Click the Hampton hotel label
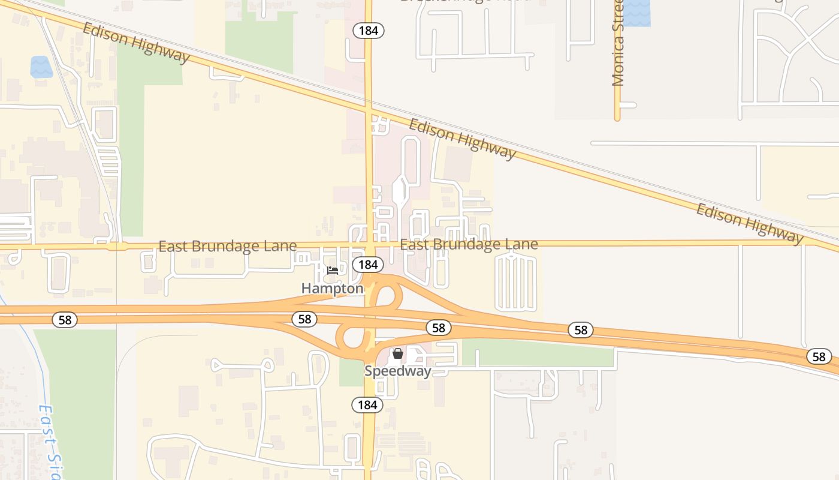(332, 289)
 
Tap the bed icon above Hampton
(333, 271)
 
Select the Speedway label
(397, 371)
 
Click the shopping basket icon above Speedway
(397, 354)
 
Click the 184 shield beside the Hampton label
(367, 265)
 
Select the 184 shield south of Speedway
(367, 405)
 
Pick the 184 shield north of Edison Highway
(368, 31)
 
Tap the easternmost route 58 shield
(819, 356)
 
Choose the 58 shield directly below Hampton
(304, 319)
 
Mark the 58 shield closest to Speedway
(439, 328)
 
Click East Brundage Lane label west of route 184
(228, 247)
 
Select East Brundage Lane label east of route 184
(469, 244)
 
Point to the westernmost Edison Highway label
(136, 43)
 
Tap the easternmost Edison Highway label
(749, 224)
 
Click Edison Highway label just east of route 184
(462, 139)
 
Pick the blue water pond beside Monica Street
(636, 13)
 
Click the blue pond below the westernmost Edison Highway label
(41, 67)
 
